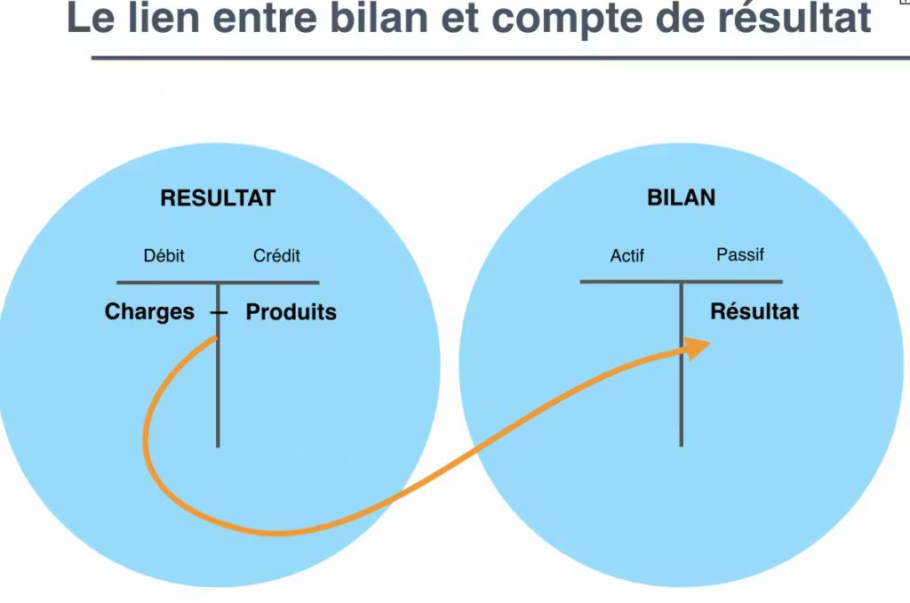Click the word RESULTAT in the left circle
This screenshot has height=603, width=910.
point(218,197)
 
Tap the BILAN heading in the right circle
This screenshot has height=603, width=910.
point(681,197)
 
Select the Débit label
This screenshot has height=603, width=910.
point(164,256)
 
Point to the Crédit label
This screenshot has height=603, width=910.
point(276,256)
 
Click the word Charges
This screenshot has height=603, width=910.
point(149,312)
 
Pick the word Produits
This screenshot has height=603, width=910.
point(291,312)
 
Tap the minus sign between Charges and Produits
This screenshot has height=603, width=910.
point(219,313)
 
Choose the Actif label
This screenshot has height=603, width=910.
point(627,256)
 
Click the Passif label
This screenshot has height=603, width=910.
point(739,255)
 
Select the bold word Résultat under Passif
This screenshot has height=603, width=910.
point(754,311)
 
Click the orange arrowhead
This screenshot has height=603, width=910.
point(698,348)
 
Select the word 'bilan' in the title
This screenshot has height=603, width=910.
point(373,20)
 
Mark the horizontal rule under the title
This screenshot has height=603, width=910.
point(498,58)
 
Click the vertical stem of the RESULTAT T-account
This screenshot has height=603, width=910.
point(218,400)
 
